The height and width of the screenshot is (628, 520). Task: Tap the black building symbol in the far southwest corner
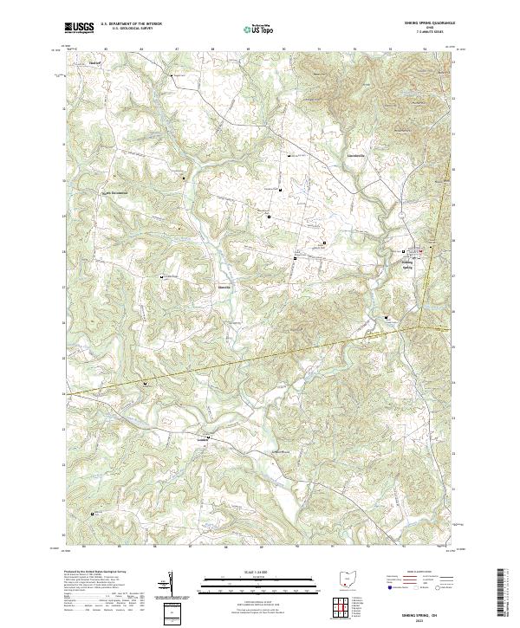(93, 514)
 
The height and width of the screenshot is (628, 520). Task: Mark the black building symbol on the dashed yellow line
(145, 382)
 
